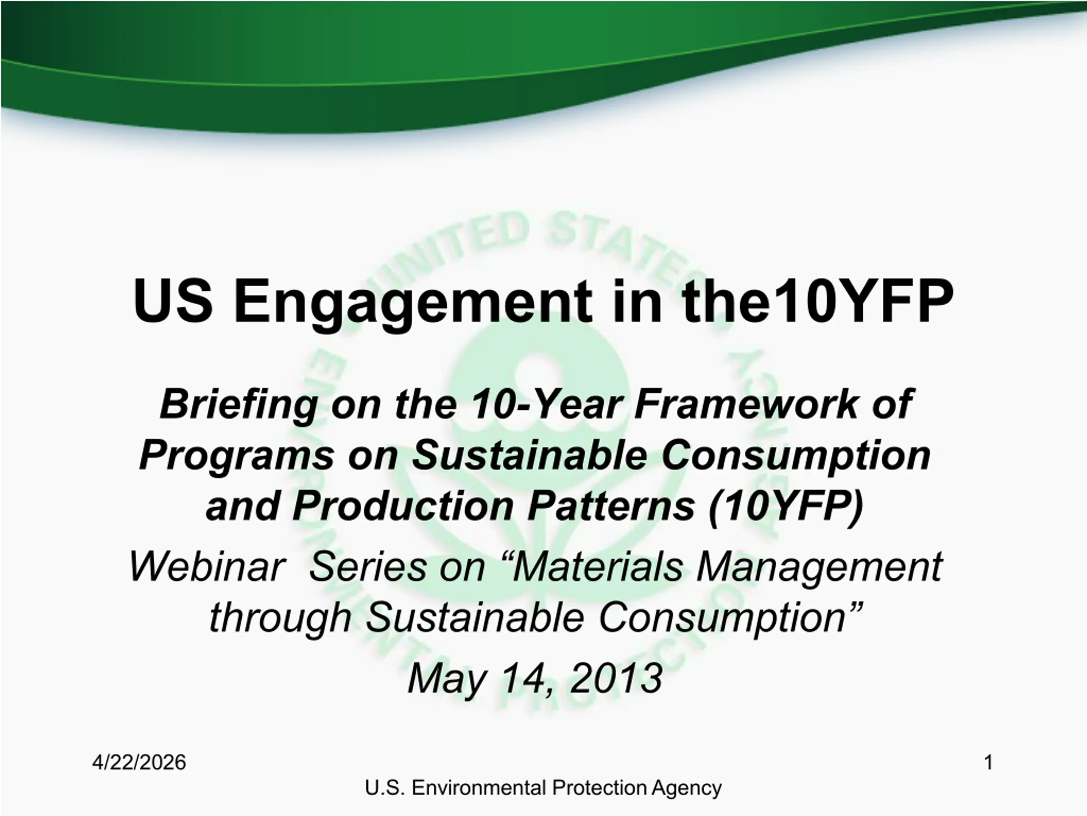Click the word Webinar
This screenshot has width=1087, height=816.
207,567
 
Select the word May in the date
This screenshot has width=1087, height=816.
447,681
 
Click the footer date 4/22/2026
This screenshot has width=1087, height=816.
139,763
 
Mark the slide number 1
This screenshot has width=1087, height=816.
989,763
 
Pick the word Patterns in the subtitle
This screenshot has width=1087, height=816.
611,507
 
